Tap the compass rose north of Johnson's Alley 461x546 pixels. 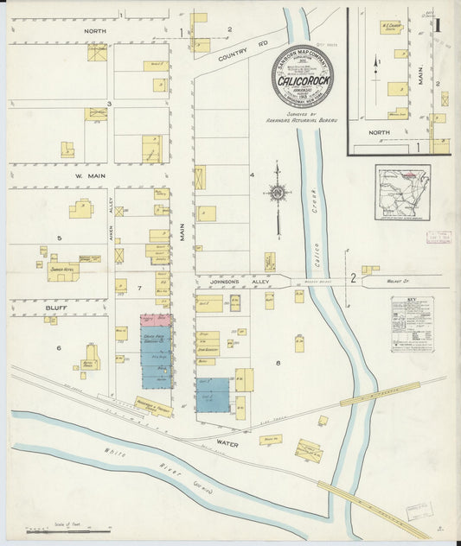(278, 194)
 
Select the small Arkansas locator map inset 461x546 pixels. (402, 194)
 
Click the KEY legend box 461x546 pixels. (411, 323)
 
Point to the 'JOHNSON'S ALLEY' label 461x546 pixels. (222, 282)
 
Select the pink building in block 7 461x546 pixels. (156, 321)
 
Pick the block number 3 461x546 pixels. (108, 104)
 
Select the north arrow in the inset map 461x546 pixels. (375, 63)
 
